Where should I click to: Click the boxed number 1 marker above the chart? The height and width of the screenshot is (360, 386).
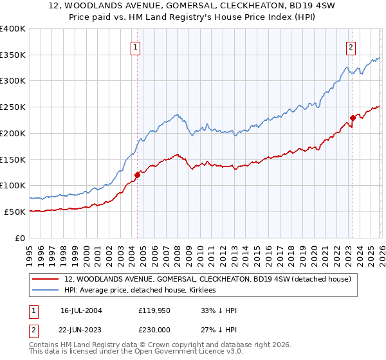click(136, 46)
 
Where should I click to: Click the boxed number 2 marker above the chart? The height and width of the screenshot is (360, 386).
click(351, 46)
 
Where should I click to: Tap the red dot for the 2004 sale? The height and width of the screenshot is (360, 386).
click(138, 174)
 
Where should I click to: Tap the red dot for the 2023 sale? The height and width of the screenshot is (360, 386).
click(353, 117)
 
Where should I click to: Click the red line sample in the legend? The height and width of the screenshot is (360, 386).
click(45, 279)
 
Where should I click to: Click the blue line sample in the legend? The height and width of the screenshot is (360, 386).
click(45, 291)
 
